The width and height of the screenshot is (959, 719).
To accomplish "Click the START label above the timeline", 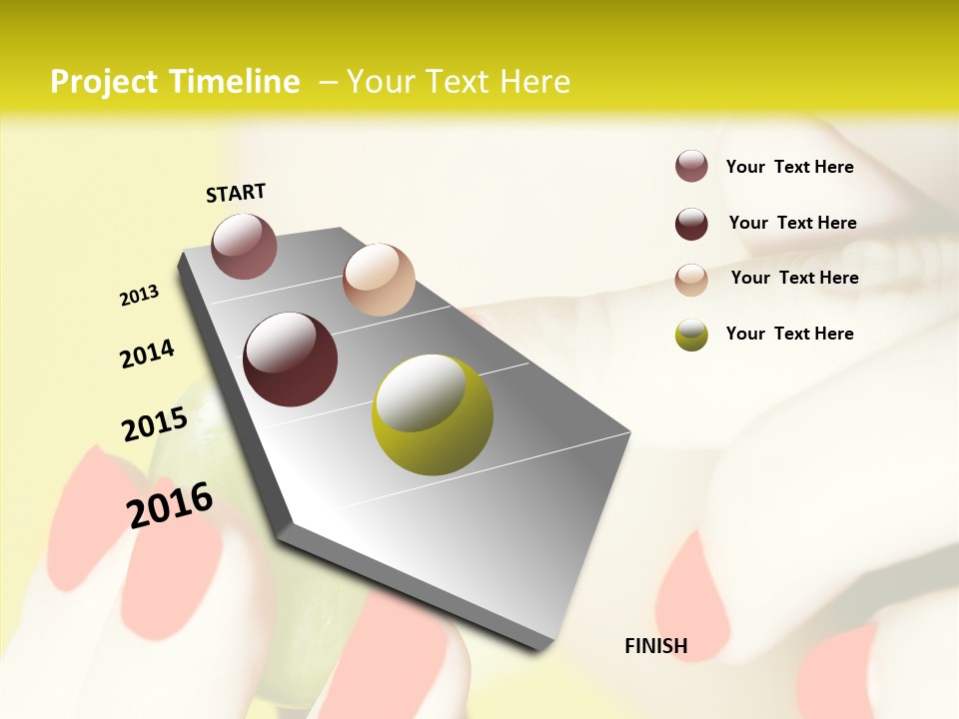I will [x=236, y=193].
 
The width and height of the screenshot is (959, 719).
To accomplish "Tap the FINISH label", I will [x=655, y=646].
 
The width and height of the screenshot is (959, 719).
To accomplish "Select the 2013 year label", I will [x=139, y=296].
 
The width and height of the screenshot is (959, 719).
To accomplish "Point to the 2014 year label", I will [x=147, y=354].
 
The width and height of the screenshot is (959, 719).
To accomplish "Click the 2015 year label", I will [x=155, y=424].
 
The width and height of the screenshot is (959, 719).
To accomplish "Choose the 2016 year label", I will [x=170, y=505].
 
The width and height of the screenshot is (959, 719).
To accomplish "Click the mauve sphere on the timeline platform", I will [x=244, y=246].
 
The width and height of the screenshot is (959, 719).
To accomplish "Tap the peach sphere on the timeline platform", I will [x=379, y=280].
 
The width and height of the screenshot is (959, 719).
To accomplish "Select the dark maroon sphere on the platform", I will [x=290, y=359].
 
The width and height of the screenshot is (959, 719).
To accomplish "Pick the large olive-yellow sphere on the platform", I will [x=432, y=414].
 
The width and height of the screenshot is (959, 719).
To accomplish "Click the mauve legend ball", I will [x=691, y=166].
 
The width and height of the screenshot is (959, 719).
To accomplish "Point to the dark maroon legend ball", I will [x=691, y=224].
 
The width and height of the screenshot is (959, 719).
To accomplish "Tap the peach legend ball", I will [x=691, y=279].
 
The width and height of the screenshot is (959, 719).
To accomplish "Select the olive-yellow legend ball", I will [x=691, y=335].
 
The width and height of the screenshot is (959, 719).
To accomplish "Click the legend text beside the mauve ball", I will [x=789, y=167].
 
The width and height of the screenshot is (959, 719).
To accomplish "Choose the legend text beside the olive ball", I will [x=789, y=334].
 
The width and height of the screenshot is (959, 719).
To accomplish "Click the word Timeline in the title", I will [x=235, y=82].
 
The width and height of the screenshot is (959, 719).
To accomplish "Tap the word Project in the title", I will [x=103, y=82].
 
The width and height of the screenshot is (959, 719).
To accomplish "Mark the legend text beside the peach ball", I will [x=794, y=278].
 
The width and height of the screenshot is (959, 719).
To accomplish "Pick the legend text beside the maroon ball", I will [x=792, y=223].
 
